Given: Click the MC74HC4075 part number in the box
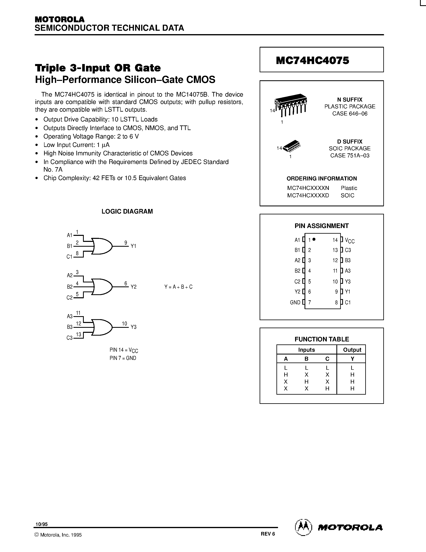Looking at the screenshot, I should (313, 60).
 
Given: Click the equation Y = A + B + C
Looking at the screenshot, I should (178, 287).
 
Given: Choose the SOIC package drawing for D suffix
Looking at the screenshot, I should (292, 146).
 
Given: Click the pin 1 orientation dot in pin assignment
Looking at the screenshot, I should (314, 239).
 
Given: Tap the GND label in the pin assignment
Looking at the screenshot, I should (295, 302).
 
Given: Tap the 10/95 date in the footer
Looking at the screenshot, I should (41, 524).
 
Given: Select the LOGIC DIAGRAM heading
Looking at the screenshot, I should (127, 211).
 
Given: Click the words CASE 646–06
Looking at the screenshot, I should (350, 113).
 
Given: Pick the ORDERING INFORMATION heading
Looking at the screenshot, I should (322, 178).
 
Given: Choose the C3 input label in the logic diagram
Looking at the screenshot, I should (70, 338).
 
